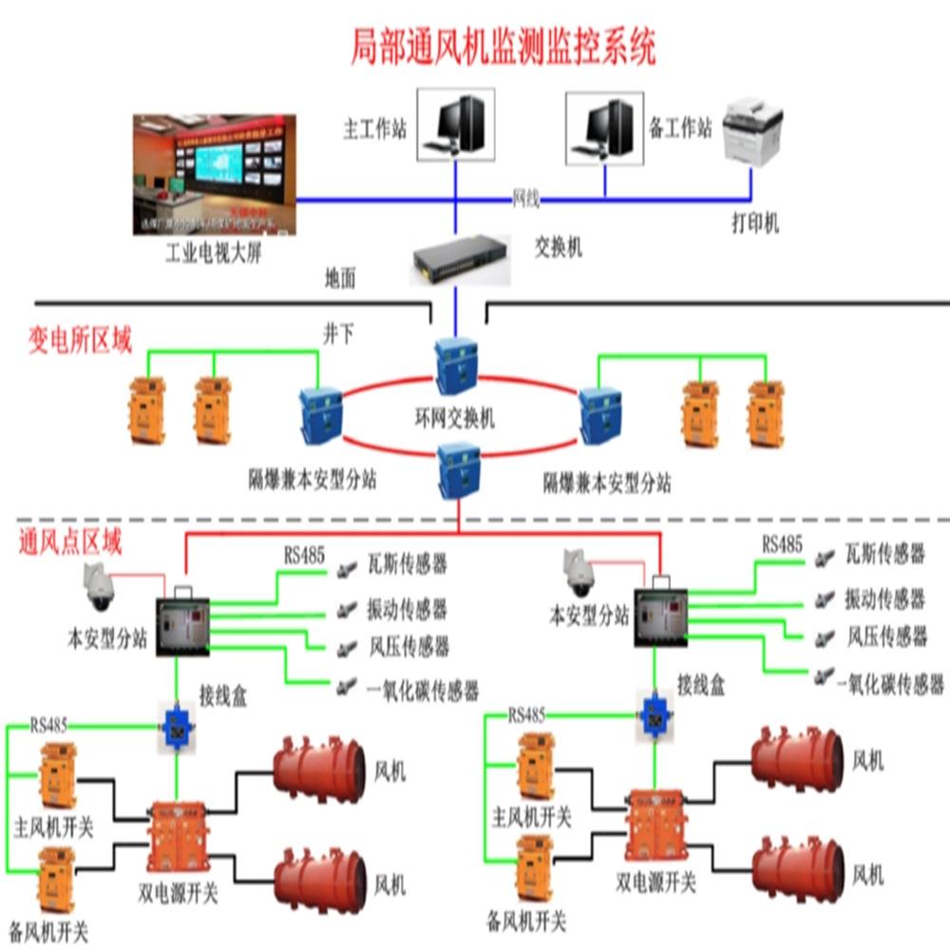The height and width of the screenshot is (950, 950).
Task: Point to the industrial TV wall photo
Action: [215, 175]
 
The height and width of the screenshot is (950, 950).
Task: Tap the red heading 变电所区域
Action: [80, 340]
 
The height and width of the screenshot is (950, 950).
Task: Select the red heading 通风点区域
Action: [71, 543]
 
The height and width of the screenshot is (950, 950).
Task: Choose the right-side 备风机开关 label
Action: [526, 920]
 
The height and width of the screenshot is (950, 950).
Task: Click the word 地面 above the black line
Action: [340, 278]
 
